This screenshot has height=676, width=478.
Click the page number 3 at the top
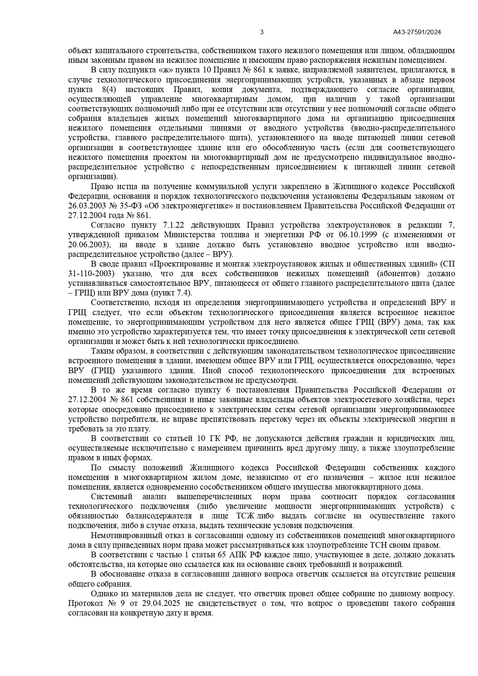pos(262,32)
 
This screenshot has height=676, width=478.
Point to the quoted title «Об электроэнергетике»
pos(193,206)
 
